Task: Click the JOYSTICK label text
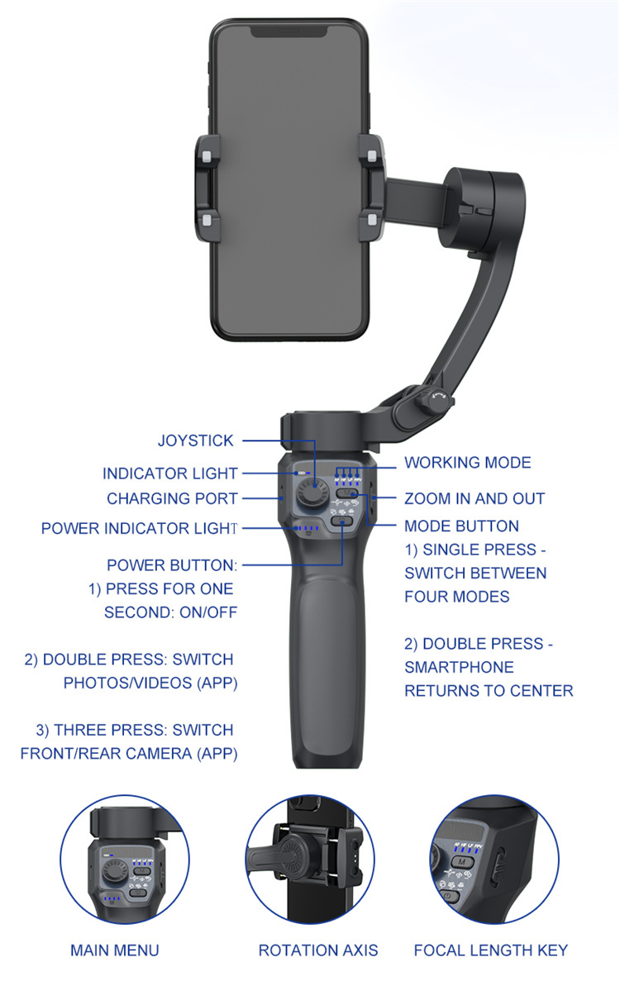196,440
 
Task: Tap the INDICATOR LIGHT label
169,474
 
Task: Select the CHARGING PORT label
172,498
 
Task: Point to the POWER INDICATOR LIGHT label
139,528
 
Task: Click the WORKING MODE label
468,463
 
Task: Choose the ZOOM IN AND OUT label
475,498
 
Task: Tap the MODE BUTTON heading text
461,526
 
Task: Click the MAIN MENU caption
115,950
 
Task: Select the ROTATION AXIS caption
318,950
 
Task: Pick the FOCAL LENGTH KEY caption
491,950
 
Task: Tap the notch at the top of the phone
289,31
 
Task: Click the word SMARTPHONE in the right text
459,667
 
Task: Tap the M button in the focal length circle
462,862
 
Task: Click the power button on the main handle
341,521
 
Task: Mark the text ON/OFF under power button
208,612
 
